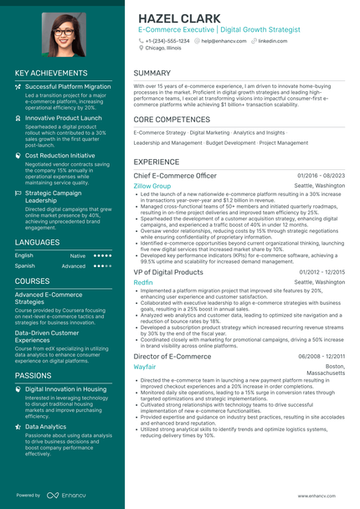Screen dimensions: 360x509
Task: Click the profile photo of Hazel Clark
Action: pos(62,34)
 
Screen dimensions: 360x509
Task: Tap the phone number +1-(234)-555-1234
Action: pos(167,40)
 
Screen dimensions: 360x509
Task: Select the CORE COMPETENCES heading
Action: pos(172,120)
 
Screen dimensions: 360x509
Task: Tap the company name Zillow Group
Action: pos(152,186)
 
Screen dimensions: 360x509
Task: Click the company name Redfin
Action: pos(143,283)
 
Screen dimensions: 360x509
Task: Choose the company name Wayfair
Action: pos(145,367)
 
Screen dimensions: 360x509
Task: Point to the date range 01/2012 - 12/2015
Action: pos(321,272)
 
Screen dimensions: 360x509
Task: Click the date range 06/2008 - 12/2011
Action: pos(321,356)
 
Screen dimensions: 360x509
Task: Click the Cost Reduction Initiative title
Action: pos(59,155)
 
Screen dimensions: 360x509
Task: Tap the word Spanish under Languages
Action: pos(25,265)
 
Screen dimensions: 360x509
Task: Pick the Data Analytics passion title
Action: pos(46,426)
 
